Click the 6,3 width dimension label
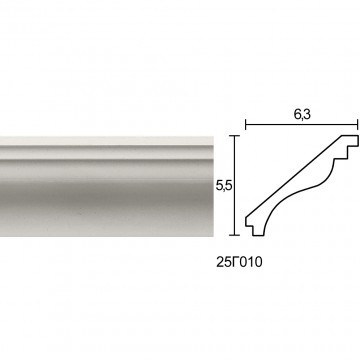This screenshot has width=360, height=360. pos(302,114)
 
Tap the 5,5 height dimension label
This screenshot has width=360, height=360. pos(223,186)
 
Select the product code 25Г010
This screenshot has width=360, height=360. pos(239,262)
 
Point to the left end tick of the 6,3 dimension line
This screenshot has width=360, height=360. pos(246,125)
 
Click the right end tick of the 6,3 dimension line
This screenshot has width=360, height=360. pos(357,125)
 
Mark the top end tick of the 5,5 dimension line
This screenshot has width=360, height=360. pos(235,136)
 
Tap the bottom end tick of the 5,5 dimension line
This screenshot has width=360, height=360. pos(235,235)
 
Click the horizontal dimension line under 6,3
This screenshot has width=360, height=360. pos(302,125)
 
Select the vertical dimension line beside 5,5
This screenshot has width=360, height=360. pos(235,185)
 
